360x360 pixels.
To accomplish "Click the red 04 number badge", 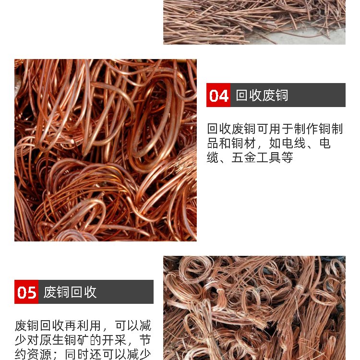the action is pyautogui.click(x=218, y=95).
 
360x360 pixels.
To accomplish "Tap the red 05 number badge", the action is pyautogui.click(x=26, y=292).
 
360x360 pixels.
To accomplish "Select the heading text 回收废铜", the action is pyautogui.click(x=262, y=96).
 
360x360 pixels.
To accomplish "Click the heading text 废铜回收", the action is pyautogui.click(x=70, y=292).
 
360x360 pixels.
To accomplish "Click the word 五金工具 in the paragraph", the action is pyautogui.click(x=256, y=157).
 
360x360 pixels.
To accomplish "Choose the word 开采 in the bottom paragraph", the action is pyautogui.click(x=114, y=340).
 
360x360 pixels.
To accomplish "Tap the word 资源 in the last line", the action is pyautogui.click(x=39, y=354).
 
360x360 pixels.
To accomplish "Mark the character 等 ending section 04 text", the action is pyautogui.click(x=287, y=157).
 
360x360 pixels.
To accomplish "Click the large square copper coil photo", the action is pyautogui.click(x=106, y=150).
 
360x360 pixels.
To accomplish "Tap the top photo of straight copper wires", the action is pyautogui.click(x=254, y=22).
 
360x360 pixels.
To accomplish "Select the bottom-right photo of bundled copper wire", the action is pyautogui.click(x=254, y=308).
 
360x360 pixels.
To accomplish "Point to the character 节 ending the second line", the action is pyautogui.click(x=145, y=340).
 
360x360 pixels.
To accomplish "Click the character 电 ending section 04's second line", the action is pyautogui.click(x=325, y=143).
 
